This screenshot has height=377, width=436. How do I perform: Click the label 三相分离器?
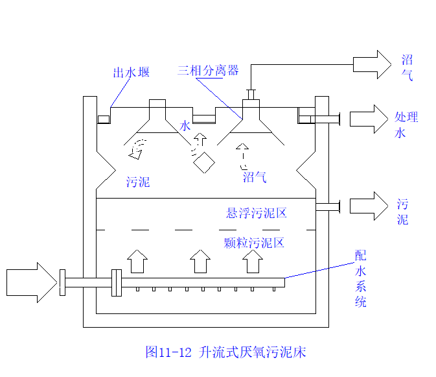pos(208,70)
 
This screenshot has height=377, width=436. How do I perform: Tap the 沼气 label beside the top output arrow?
pos(407,67)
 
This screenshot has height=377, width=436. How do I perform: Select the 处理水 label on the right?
pos(406,125)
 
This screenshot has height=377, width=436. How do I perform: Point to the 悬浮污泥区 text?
pos(256,213)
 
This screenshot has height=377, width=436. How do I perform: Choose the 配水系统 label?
pos(361,279)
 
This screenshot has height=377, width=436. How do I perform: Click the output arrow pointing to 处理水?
pos(368,118)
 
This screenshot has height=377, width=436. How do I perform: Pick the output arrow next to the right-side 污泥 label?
pos(368,206)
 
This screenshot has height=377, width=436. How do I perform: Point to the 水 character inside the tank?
pos(185,126)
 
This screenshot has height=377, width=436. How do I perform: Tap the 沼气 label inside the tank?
pos(255,177)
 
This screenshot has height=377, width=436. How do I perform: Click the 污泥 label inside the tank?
pos(138,182)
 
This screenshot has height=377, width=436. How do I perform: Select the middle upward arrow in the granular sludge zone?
pos(200,262)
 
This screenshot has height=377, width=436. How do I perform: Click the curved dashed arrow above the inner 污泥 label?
pos(137,148)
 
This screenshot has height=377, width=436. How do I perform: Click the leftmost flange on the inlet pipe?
pos(62,283)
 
